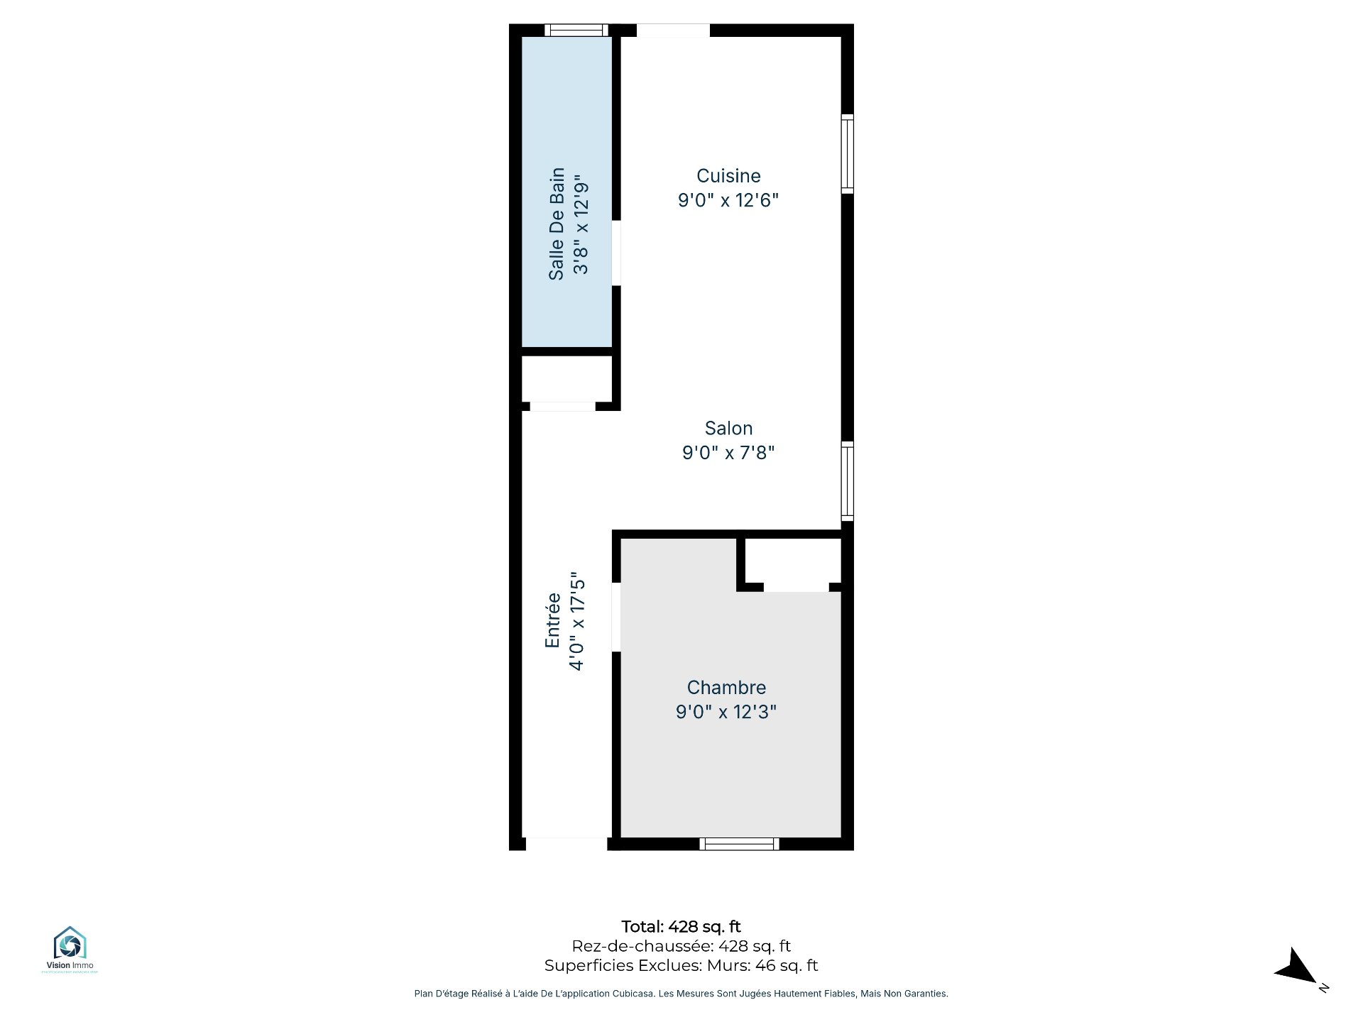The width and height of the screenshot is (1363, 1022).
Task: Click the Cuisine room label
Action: click(x=728, y=176)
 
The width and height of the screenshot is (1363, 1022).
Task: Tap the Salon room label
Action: click(x=728, y=429)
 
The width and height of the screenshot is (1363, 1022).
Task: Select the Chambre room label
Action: click(x=726, y=688)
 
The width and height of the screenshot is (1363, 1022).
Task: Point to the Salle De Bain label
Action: click(x=557, y=224)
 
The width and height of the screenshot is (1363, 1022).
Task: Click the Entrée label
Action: click(x=553, y=620)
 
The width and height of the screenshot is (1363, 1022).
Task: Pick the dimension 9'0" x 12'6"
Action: click(x=728, y=200)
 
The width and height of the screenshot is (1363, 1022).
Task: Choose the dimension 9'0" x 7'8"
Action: click(x=728, y=453)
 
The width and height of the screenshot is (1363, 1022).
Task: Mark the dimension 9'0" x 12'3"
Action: click(x=726, y=712)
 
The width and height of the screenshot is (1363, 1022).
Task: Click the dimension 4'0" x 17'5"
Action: click(x=577, y=621)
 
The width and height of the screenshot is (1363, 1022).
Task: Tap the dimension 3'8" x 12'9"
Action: click(x=581, y=224)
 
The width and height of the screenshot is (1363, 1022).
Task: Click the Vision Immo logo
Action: click(x=70, y=949)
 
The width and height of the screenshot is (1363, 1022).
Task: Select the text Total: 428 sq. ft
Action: click(x=681, y=927)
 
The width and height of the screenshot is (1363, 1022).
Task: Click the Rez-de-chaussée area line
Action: click(x=681, y=946)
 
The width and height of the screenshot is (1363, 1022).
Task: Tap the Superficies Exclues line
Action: click(x=681, y=966)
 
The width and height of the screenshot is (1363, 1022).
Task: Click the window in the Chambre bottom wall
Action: click(x=739, y=844)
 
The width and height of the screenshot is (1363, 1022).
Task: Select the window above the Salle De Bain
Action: click(x=576, y=30)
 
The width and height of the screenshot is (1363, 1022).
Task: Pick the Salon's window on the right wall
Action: click(x=848, y=482)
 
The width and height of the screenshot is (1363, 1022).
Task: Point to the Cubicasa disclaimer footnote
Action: click(x=681, y=994)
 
